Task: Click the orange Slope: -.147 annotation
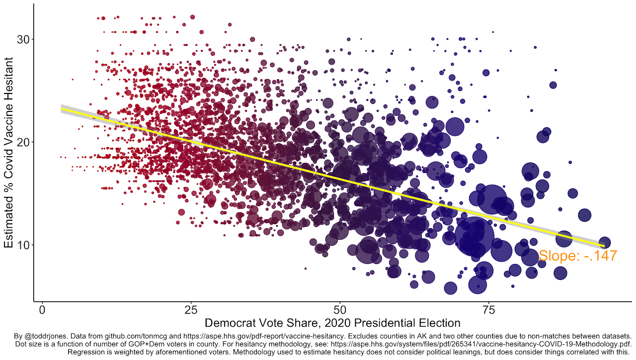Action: tap(577, 256)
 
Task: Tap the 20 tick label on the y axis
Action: tap(23, 142)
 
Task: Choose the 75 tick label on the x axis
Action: tap(488, 311)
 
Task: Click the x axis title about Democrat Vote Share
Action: tap(332, 323)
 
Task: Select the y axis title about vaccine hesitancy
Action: tap(9, 152)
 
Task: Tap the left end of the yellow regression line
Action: tap(62, 109)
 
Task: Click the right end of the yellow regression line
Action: tap(604, 246)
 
